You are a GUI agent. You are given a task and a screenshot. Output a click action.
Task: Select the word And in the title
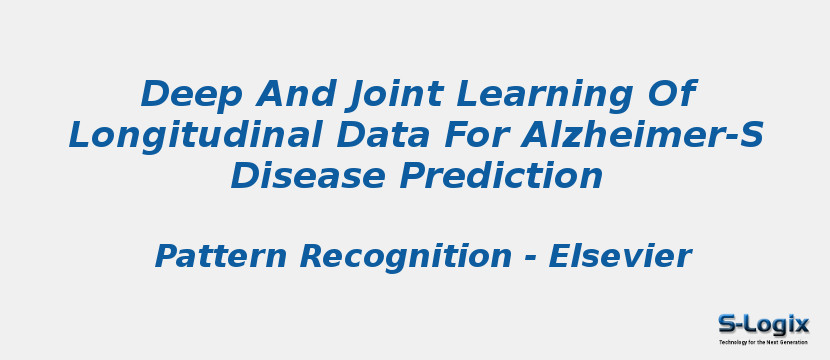pos(290,95)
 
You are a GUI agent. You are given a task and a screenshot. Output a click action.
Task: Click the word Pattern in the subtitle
pos(221,257)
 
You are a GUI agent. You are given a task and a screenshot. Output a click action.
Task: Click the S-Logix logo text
pos(763,324)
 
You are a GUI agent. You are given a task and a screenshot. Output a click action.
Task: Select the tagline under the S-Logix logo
pos(763,342)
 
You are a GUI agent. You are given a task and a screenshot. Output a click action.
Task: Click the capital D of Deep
pos(156,95)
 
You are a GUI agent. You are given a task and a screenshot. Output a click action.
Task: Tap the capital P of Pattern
pos(166,257)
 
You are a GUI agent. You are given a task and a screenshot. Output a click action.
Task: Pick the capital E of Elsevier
pos(560,257)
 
